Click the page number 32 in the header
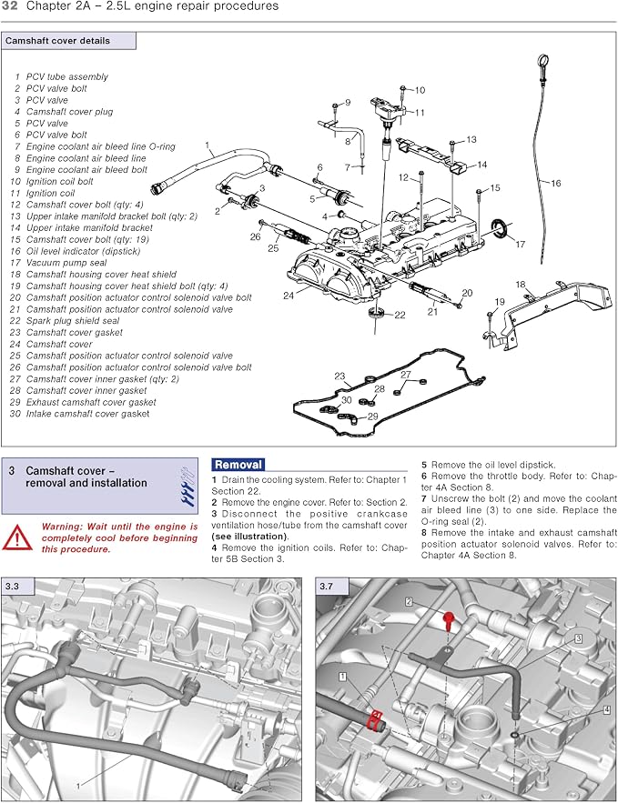[10, 6]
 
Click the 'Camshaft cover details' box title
[57, 41]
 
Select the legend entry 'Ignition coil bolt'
[59, 181]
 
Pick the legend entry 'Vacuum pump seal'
[66, 263]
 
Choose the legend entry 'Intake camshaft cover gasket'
[87, 414]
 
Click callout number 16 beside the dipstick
[555, 183]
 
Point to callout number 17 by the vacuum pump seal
[520, 245]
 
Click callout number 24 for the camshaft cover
[289, 296]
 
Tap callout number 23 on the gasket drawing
[339, 376]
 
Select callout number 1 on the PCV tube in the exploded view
[208, 146]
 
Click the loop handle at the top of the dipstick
[542, 63]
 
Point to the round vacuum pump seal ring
[501, 226]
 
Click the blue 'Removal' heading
[238, 465]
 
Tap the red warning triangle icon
[17, 537]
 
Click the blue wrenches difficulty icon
[187, 486]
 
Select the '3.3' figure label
[12, 587]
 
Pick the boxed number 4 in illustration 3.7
[607, 710]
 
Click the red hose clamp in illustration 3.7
[376, 719]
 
